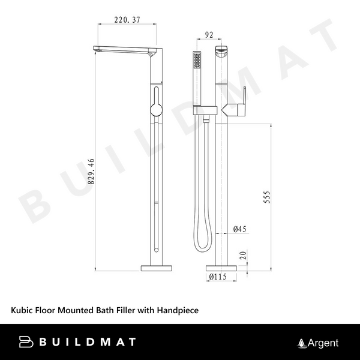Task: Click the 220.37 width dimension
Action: click(127, 20)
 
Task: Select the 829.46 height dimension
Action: click(91, 171)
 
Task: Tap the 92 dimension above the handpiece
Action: click(209, 35)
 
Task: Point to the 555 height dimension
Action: click(267, 197)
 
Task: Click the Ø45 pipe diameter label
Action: click(239, 229)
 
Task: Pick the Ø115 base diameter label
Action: click(218, 277)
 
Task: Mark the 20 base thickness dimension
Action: click(243, 255)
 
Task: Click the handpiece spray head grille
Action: click(197, 61)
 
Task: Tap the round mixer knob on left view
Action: click(156, 110)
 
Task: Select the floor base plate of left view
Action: click(157, 268)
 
